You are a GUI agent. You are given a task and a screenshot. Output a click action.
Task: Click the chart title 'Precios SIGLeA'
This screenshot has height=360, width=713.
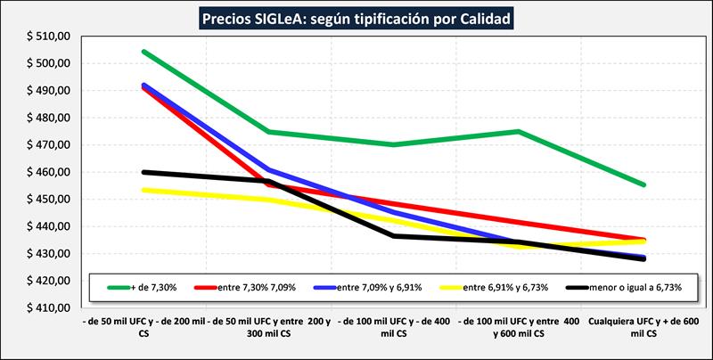coord(356,18)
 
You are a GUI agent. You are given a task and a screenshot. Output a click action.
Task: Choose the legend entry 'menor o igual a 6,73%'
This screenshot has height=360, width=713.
coord(627,287)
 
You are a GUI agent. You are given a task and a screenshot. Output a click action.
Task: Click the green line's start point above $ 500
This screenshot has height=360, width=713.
coord(143,52)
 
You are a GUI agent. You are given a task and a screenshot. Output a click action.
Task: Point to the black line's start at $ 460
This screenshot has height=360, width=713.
coord(143,172)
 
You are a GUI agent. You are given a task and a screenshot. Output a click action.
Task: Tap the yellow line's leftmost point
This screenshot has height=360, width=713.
coord(143,190)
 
